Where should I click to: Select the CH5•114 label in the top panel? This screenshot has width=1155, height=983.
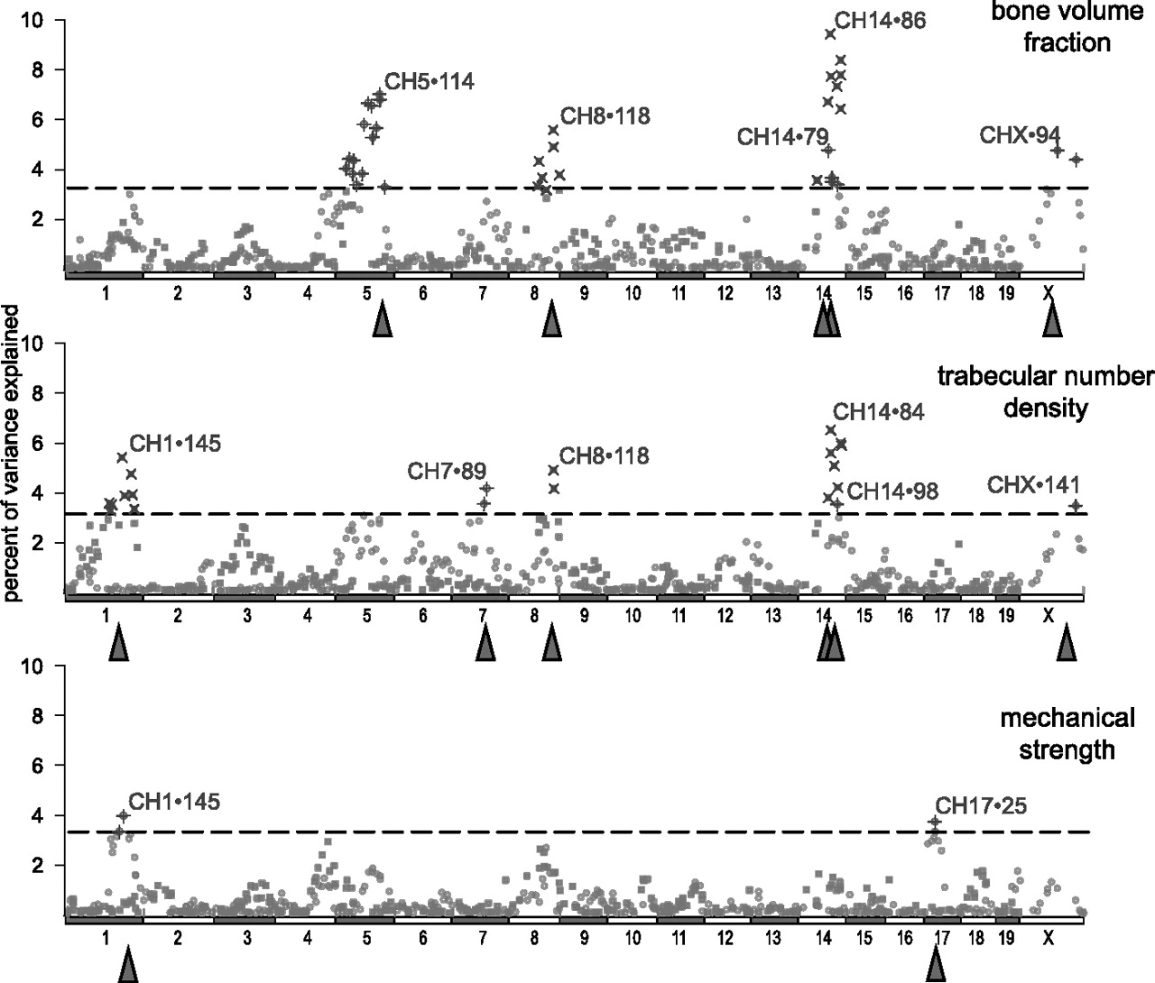(x=430, y=82)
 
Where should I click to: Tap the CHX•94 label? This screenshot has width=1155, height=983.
(x=1020, y=134)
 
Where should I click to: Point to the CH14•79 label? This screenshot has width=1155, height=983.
(x=782, y=137)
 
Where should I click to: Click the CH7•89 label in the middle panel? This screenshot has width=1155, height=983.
(x=447, y=471)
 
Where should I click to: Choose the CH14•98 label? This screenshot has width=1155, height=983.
(x=892, y=491)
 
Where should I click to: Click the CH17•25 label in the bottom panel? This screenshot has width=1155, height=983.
(x=981, y=806)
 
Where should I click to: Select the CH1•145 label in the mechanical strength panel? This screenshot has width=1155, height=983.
(x=174, y=802)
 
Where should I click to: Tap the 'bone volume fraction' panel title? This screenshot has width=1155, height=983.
(x=1067, y=26)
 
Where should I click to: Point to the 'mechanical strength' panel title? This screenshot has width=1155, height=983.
(x=1067, y=733)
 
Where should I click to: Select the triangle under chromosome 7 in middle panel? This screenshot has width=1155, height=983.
(x=485, y=642)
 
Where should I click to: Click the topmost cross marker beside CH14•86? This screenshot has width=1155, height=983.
(x=830, y=34)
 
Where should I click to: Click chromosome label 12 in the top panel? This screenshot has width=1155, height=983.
(x=725, y=293)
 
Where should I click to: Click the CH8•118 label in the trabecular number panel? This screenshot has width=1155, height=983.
(x=604, y=456)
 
